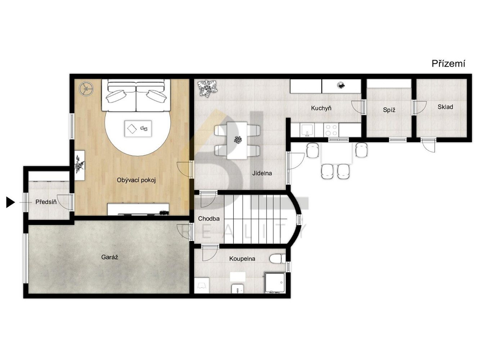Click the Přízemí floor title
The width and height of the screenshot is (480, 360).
(448, 64)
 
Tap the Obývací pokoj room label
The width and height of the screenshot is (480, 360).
(136, 180)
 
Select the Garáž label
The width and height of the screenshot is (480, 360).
(109, 257)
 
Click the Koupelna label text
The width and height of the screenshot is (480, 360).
(242, 258)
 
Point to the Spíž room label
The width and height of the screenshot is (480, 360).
(389, 110)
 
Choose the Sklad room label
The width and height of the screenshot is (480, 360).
(445, 107)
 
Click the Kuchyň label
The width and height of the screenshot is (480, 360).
(321, 108)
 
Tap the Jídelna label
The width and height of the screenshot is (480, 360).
(262, 173)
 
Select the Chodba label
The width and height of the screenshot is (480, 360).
(209, 219)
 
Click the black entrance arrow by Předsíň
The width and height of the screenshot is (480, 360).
(10, 202)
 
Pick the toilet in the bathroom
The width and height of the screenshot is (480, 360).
(277, 258)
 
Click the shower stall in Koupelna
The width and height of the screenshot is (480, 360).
(275, 282)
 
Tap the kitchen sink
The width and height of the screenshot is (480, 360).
(307, 130)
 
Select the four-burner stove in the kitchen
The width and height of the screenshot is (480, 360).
(331, 130)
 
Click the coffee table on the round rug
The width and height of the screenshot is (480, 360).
(138, 129)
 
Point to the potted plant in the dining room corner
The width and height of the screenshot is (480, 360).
(207, 88)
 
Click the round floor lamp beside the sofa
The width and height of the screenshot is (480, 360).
(86, 89)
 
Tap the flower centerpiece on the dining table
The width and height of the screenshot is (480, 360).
(238, 139)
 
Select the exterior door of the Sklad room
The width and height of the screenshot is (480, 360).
(429, 145)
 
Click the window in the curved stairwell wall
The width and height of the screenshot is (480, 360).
(299, 220)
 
